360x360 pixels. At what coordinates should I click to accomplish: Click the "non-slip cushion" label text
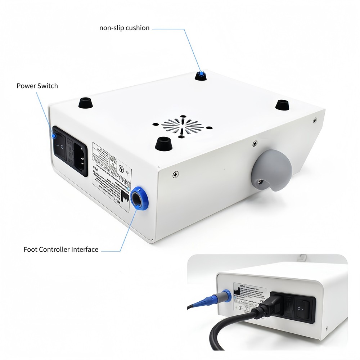[x=124, y=28]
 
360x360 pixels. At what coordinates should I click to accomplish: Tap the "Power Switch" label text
[x=37, y=86]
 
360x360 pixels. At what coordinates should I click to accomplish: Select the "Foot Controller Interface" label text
[x=61, y=249]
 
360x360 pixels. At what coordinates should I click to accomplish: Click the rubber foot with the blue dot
[x=201, y=75]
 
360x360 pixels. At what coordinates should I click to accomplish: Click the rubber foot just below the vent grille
[x=163, y=143]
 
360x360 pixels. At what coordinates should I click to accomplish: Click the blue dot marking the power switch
[x=53, y=136]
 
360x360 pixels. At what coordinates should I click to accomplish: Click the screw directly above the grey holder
[x=255, y=144]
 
